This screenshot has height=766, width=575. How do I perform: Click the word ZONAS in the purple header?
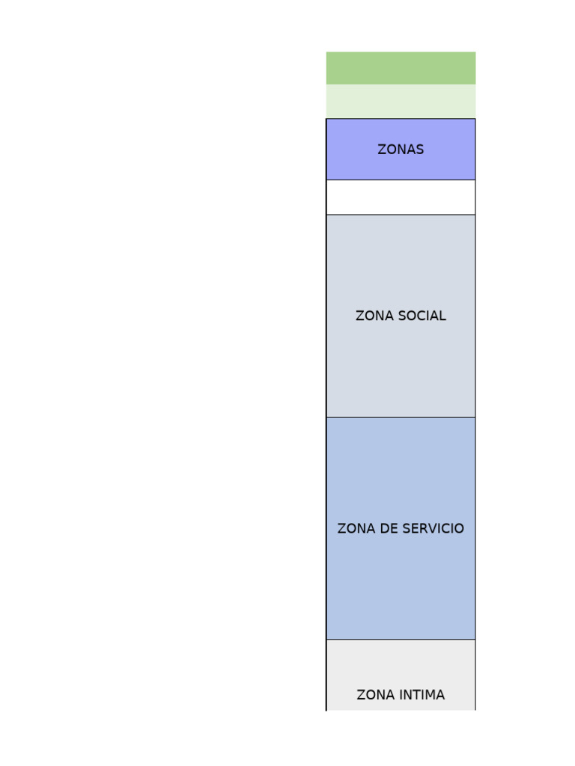pos(401,150)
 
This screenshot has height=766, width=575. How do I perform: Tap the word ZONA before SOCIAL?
pos(372,316)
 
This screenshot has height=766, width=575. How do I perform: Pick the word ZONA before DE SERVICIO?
pos(354,529)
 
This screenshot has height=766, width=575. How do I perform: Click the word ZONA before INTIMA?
pos(374,695)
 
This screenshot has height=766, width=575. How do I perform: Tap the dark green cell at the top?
pos(401,68)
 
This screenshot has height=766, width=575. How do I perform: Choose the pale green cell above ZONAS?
pos(401,101)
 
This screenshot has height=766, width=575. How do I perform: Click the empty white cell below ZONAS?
pos(401,197)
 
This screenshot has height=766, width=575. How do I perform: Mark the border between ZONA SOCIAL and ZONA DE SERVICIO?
pos(401,417)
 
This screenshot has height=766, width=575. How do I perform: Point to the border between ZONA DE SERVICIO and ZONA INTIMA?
pos(401,640)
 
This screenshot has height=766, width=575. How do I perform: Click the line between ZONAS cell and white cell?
pos(401,180)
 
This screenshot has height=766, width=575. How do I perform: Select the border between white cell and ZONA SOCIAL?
pos(401,215)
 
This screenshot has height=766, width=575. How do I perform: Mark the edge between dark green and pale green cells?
pos(401,85)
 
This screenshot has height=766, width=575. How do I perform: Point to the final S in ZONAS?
pos(420,150)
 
